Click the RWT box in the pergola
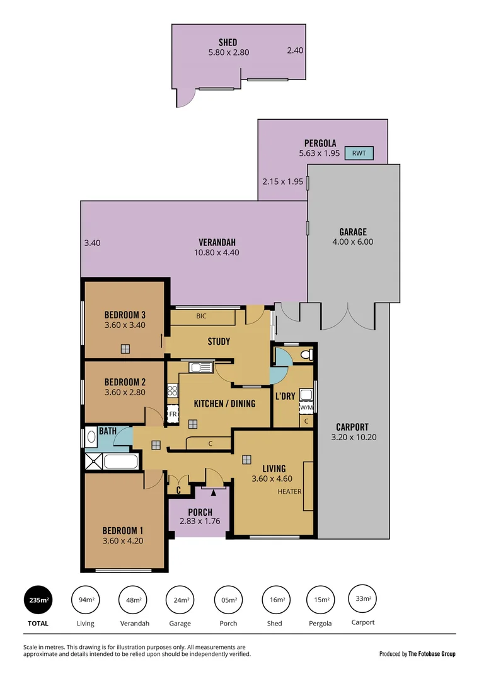(359, 153)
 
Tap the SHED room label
(228, 42)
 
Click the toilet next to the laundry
(306, 356)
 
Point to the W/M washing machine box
(306, 407)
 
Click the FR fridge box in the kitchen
(173, 414)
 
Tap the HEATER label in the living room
(289, 492)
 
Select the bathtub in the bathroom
(119, 462)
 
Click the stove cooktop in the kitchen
(173, 391)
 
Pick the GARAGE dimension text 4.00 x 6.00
(352, 242)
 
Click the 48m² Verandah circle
(134, 600)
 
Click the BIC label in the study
(201, 316)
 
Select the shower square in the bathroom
(93, 461)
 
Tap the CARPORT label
(352, 426)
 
